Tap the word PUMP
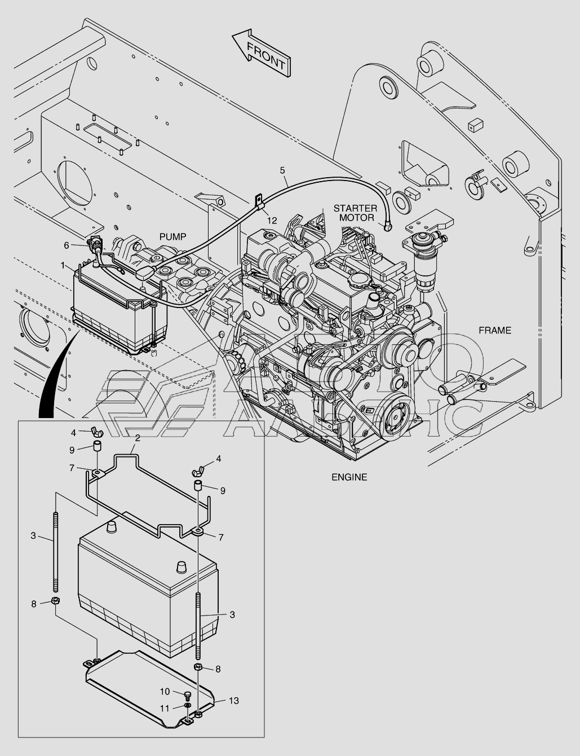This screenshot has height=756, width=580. point(172,237)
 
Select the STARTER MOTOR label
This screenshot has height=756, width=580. point(355,213)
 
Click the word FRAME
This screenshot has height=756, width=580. point(495,330)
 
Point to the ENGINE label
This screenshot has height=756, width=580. point(349,477)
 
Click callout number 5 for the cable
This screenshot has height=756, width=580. point(282,170)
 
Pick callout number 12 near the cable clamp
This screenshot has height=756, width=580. point(272,220)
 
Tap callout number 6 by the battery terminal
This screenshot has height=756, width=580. point(67,245)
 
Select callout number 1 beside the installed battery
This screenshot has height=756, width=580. point(63,266)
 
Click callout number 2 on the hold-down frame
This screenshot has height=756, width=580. point(138,438)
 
